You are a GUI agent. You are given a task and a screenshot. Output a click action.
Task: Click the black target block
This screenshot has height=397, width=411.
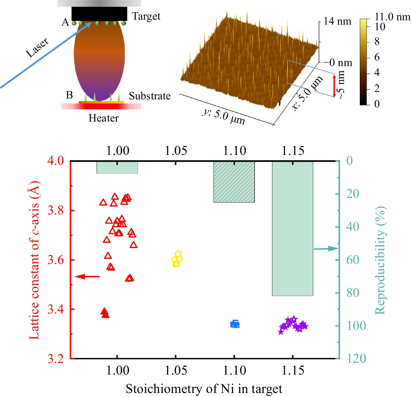tap(99, 14)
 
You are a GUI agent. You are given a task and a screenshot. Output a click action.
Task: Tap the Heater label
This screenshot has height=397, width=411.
tap(103, 118)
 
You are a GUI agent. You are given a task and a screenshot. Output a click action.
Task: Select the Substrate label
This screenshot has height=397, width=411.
tap(150, 96)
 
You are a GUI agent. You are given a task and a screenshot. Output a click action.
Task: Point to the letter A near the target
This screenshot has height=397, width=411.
tap(65, 22)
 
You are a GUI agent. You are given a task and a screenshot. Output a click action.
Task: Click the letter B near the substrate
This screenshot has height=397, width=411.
tap(69, 95)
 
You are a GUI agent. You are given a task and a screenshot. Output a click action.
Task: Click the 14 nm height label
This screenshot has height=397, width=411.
tap(337, 21)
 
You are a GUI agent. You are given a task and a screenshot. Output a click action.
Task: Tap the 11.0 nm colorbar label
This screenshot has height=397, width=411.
tap(392, 17)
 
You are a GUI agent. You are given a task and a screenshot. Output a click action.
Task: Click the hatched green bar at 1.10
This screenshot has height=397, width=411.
tap(234, 182)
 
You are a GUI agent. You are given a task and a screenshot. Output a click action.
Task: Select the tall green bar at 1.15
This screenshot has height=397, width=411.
tap(292, 228)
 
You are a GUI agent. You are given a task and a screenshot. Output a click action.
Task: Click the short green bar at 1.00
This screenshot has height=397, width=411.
tap(117, 167)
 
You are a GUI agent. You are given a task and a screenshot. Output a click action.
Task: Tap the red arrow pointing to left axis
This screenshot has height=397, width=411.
tap(87, 276)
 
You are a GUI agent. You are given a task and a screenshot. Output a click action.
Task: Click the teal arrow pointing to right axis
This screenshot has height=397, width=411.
tap(326, 249)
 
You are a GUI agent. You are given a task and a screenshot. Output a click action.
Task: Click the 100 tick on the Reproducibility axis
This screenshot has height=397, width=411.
tap(356, 326)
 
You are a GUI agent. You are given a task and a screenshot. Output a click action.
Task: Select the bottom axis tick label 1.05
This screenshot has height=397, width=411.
tap(176, 371)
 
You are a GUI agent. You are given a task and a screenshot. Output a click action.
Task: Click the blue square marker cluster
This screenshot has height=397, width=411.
tap(235, 324)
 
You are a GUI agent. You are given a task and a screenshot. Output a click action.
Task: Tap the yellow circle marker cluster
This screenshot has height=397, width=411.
tap(177, 259)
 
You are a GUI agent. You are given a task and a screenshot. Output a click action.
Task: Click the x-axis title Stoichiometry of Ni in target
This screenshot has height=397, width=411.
tap(204, 389)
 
